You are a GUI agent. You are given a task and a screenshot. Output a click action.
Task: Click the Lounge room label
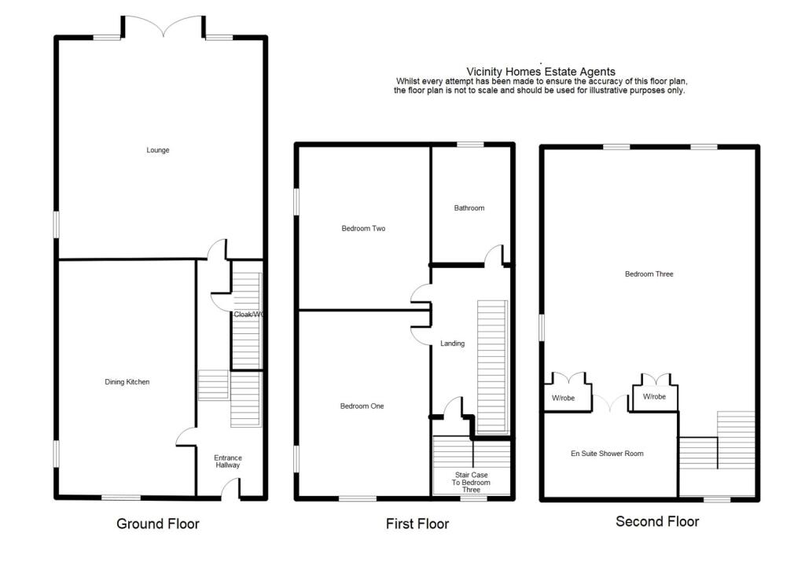[157, 150]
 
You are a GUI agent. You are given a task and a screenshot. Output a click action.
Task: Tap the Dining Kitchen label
[127, 382]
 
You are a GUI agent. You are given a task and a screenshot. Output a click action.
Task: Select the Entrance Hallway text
[228, 462]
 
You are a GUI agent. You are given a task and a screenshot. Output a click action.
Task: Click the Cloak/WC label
[247, 314]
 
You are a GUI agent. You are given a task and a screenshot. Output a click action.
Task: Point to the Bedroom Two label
[363, 229]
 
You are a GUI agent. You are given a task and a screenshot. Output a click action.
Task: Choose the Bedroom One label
[362, 406]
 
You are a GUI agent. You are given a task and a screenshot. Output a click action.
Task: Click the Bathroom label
[469, 208]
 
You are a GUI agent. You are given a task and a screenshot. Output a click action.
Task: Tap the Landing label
[452, 344]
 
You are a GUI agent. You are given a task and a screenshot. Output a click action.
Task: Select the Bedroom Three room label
[649, 274]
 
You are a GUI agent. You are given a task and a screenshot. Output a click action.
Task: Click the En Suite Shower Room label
[607, 454]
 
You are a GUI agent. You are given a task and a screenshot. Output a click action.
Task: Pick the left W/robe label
[563, 399]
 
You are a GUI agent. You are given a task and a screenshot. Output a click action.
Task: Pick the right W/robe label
[654, 397]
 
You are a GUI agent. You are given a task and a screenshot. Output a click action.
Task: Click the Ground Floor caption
[158, 524]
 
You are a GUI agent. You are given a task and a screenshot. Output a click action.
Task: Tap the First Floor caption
[417, 524]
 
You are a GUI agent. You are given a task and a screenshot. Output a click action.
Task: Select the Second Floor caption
[657, 521]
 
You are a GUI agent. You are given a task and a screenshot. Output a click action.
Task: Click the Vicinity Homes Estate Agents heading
[541, 72]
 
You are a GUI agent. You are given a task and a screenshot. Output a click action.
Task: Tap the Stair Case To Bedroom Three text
[471, 482]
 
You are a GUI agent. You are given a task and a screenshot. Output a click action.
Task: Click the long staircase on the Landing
[492, 366]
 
